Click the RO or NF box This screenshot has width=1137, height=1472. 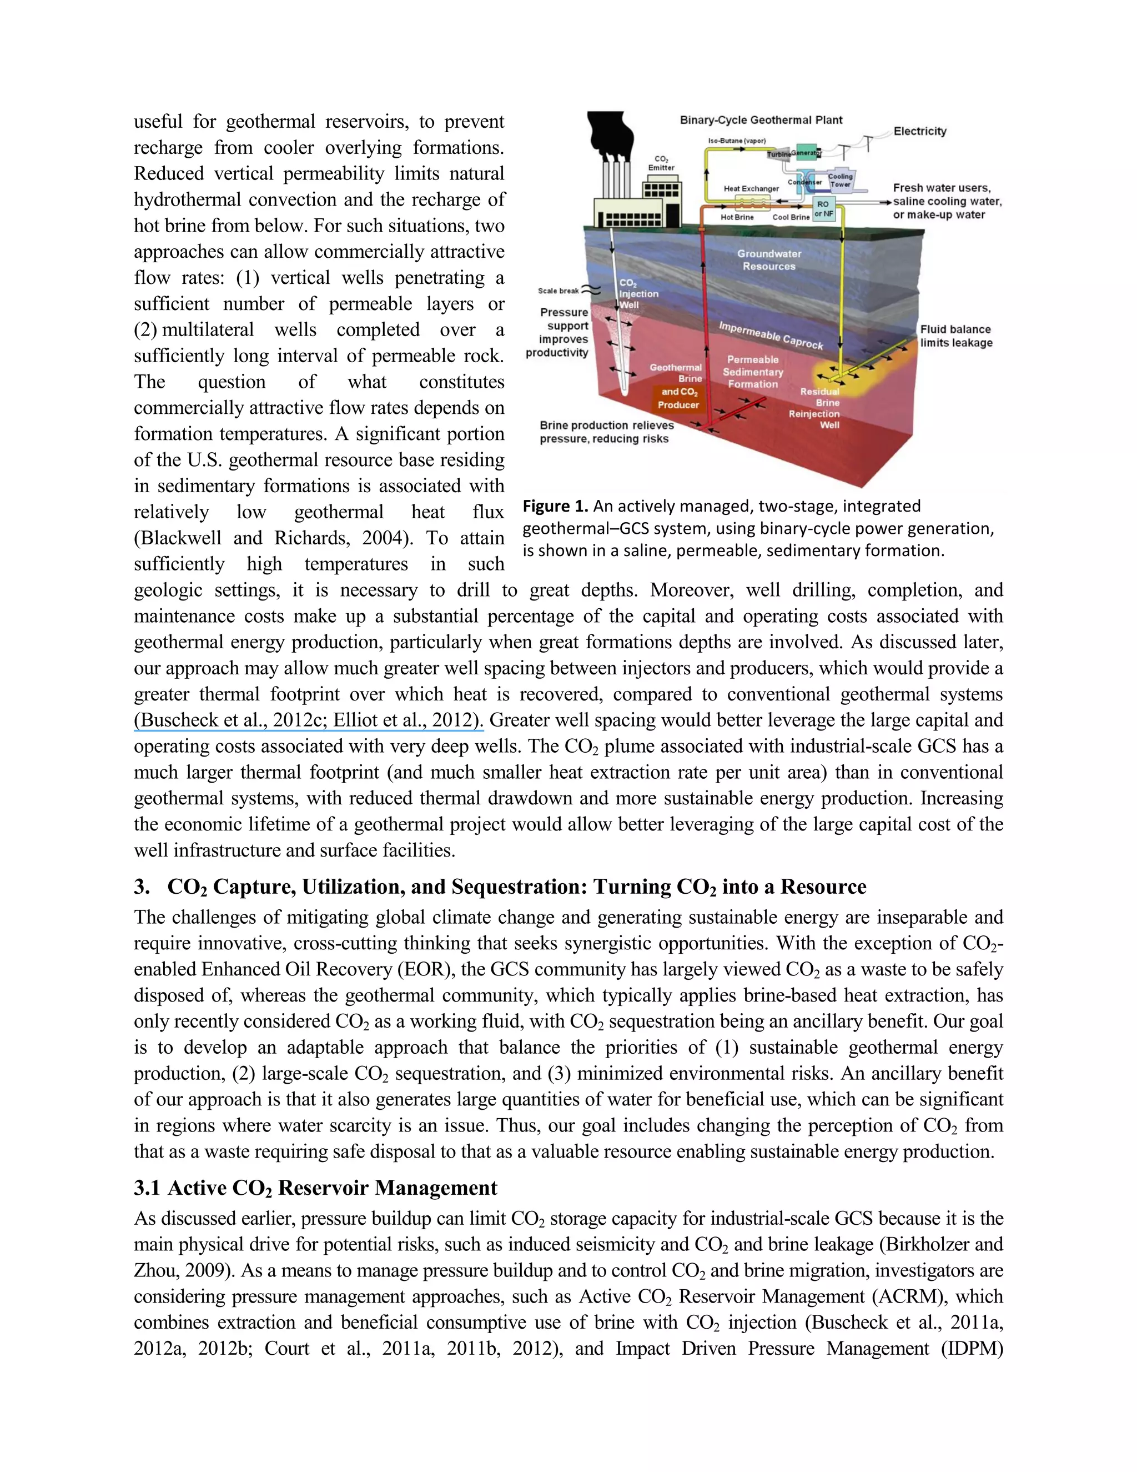(824, 208)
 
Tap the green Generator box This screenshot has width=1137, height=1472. (806, 152)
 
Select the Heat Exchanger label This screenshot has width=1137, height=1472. (751, 189)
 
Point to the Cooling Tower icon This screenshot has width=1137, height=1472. (840, 180)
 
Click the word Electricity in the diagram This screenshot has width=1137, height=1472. (919, 132)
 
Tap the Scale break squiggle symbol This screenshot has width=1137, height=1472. (591, 291)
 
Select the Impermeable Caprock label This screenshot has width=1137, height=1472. (771, 335)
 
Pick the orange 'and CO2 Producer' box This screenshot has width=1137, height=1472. (679, 398)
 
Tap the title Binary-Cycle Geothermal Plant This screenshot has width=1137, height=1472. (761, 120)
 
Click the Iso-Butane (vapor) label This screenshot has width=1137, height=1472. (736, 141)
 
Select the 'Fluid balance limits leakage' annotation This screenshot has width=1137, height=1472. (956, 336)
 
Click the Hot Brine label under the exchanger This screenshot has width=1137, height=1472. (737, 217)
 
